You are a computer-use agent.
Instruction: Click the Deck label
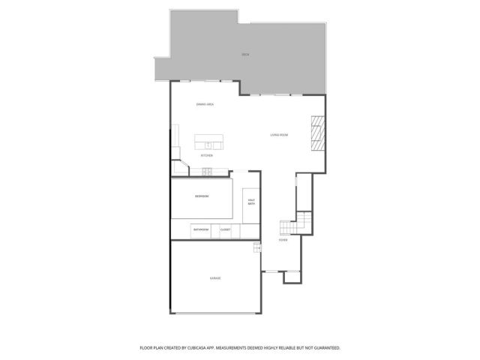245,55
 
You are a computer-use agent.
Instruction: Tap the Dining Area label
205,104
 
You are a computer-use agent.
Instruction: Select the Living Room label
279,135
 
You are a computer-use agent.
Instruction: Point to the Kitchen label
206,155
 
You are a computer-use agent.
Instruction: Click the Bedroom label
202,196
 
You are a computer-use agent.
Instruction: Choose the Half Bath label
251,202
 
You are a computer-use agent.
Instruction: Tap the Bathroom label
200,229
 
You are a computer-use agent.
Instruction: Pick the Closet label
225,229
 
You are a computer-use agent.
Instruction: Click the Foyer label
283,240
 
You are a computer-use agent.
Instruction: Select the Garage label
215,278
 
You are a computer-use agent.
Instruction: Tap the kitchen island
209,142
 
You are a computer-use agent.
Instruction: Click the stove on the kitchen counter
206,172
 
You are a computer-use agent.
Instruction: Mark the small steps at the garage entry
256,247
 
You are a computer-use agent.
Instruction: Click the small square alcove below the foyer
291,277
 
